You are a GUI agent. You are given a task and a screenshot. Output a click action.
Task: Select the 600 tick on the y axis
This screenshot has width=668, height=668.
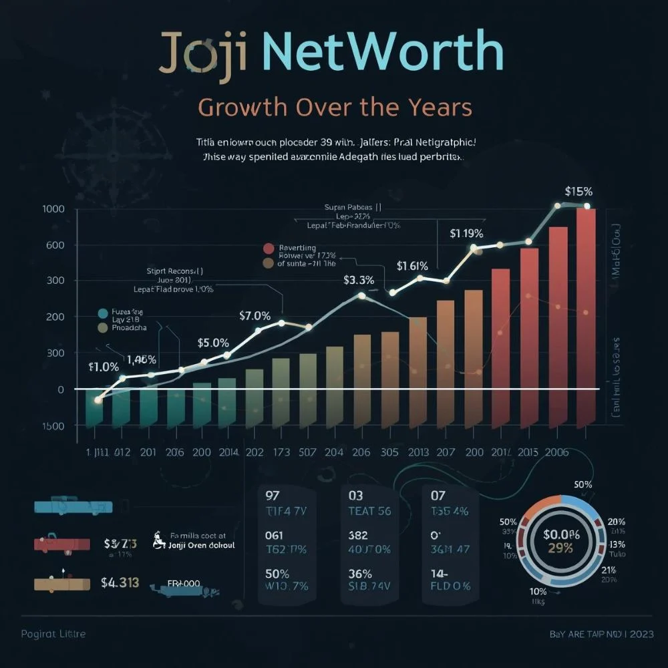[x=53, y=245]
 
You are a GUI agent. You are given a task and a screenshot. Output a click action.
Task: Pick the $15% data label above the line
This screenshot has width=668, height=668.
[x=578, y=191]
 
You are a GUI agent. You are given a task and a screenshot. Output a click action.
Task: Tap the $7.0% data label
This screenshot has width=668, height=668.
[x=255, y=315]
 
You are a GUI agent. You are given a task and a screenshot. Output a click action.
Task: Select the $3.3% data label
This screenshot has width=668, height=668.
[x=359, y=280]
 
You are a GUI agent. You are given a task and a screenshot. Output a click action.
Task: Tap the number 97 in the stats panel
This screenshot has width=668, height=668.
[x=273, y=495]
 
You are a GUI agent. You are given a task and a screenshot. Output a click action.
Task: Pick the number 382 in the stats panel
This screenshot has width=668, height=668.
[x=359, y=535]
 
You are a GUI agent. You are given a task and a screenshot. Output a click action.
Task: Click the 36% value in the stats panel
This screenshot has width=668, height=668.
[x=359, y=573]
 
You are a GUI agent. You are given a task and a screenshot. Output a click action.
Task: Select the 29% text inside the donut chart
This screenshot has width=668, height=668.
[x=560, y=548]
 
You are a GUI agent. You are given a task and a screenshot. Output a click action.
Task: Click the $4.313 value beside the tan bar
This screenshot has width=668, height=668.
[x=120, y=582]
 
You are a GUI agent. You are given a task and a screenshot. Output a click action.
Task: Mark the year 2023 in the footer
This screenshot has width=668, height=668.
[x=641, y=633]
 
